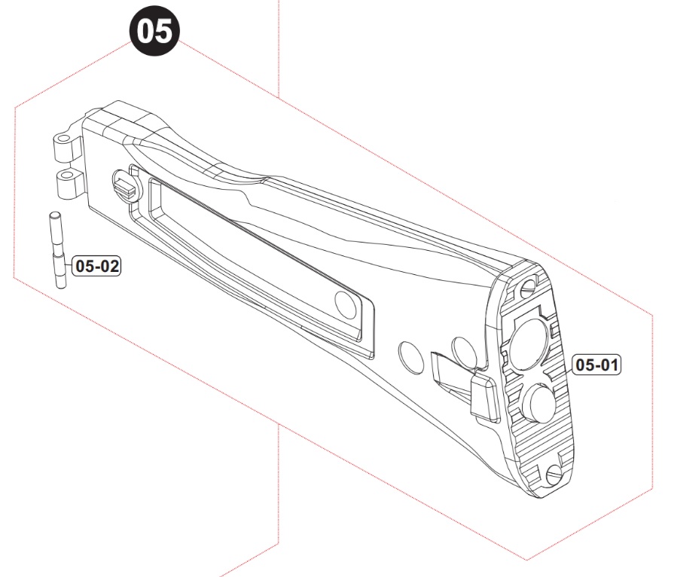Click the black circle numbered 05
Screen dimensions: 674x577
tap(154, 32)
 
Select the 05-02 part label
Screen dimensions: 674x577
tap(96, 266)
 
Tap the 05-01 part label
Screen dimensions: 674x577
tap(596, 365)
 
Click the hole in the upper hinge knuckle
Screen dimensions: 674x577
tap(63, 139)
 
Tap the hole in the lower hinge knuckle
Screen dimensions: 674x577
tap(67, 175)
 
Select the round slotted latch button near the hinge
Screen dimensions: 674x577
tap(125, 187)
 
